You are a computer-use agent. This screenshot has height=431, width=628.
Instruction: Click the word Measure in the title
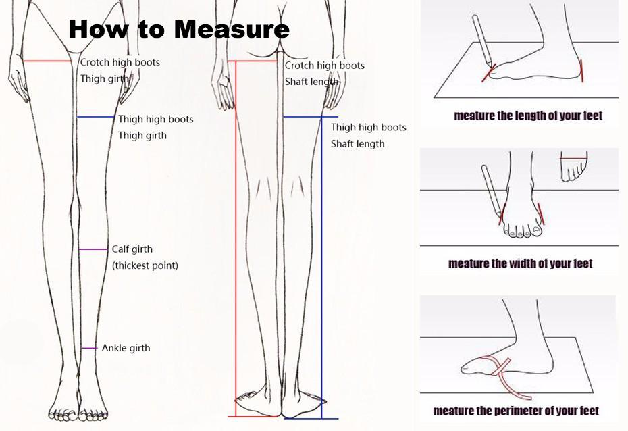click(x=232, y=29)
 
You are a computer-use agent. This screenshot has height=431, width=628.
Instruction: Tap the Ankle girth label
click(x=126, y=348)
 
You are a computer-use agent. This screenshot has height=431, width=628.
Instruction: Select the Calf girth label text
click(x=132, y=249)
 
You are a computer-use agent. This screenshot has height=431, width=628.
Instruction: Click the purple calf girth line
click(x=93, y=249)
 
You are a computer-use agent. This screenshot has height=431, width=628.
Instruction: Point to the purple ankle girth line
click(x=89, y=348)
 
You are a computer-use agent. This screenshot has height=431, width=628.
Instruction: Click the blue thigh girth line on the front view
click(x=96, y=117)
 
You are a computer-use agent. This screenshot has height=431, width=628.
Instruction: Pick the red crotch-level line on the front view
click(x=47, y=61)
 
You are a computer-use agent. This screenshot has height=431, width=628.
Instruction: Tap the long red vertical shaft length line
click(x=236, y=238)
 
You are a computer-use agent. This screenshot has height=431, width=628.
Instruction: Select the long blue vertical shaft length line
click(x=321, y=268)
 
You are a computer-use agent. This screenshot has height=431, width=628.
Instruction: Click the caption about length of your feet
click(x=528, y=116)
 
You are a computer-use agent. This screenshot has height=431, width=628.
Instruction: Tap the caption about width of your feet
click(x=520, y=263)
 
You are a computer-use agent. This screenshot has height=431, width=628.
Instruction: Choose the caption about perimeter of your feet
click(x=516, y=411)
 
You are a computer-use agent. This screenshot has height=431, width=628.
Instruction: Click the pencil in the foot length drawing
click(x=483, y=40)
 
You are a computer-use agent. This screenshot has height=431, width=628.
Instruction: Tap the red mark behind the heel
click(x=581, y=71)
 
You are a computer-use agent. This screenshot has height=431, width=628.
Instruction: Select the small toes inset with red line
click(x=573, y=167)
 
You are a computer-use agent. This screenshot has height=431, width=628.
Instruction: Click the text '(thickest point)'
click(x=145, y=265)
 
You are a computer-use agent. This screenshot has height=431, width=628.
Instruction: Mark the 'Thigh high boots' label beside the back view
click(x=369, y=128)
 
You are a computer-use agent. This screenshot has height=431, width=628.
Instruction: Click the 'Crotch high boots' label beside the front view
click(x=120, y=62)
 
